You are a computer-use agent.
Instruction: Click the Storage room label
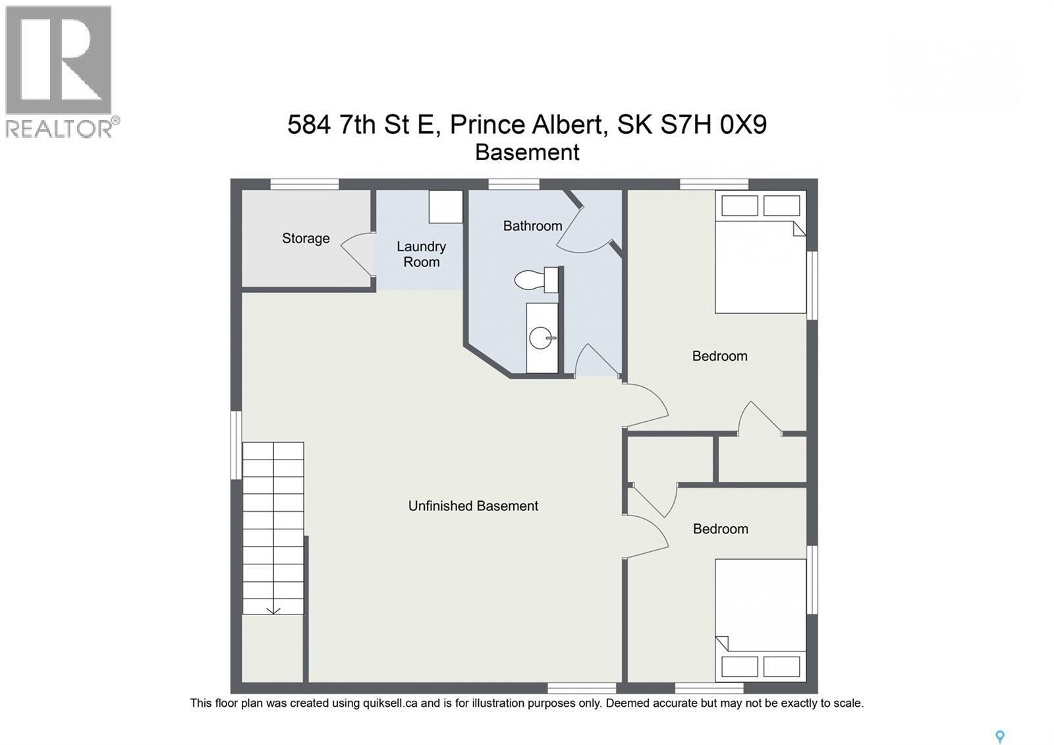(x=306, y=238)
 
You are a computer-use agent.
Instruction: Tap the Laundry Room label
(x=421, y=254)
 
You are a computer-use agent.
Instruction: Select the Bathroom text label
(x=532, y=225)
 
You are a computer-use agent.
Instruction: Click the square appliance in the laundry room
(x=446, y=206)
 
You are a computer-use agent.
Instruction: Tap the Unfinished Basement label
(x=473, y=506)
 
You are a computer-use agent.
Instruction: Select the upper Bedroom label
(x=719, y=356)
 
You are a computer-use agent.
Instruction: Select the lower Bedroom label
(x=720, y=529)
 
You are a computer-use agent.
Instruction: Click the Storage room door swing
(x=356, y=254)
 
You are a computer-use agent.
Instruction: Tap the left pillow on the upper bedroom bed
(x=739, y=206)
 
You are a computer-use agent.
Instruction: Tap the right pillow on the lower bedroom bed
(x=781, y=666)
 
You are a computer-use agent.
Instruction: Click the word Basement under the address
(x=527, y=152)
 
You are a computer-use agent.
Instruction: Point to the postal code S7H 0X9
(x=713, y=125)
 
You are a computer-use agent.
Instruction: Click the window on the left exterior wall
(x=236, y=445)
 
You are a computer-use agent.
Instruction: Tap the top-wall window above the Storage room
(x=304, y=184)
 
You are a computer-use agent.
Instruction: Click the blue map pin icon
(x=999, y=736)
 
